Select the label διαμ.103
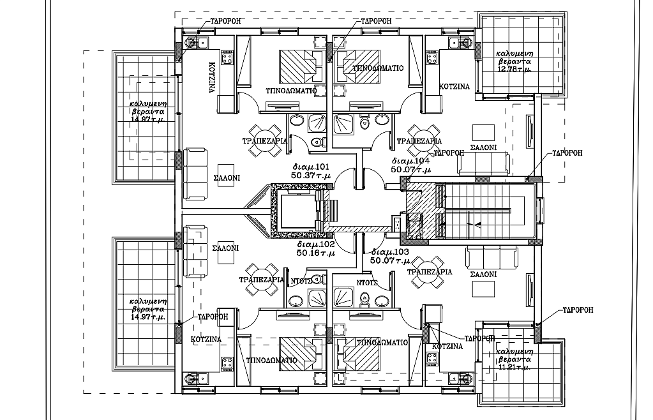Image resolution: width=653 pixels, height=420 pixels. tap(388, 252)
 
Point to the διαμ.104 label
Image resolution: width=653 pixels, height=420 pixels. tap(411, 161)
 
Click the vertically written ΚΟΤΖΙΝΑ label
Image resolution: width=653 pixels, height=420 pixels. tap(211, 78)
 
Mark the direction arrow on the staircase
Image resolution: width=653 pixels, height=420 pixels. tap(473, 223)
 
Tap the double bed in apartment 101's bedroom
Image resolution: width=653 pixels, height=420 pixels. tap(300, 64)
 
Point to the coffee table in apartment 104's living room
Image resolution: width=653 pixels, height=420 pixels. tap(483, 132)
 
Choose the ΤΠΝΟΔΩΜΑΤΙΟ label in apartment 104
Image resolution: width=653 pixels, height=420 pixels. tap(374, 68)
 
